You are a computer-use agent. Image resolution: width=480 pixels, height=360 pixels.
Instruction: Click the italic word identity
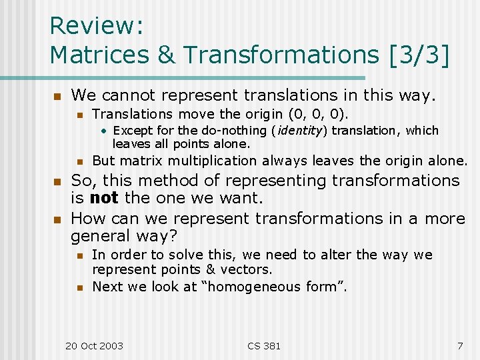point(298,131)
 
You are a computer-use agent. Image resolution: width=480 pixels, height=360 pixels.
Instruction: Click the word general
point(101,235)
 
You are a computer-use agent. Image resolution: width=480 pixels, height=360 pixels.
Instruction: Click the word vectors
point(245,270)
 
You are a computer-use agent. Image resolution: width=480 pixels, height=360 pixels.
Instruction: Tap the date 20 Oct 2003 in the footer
point(94,345)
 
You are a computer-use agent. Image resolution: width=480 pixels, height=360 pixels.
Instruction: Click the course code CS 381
point(264,345)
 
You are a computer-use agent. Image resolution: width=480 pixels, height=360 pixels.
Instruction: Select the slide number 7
point(459,345)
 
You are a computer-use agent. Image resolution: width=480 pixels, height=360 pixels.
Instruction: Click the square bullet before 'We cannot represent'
point(57,96)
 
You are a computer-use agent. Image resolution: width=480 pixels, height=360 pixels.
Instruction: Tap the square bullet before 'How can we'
point(57,219)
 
